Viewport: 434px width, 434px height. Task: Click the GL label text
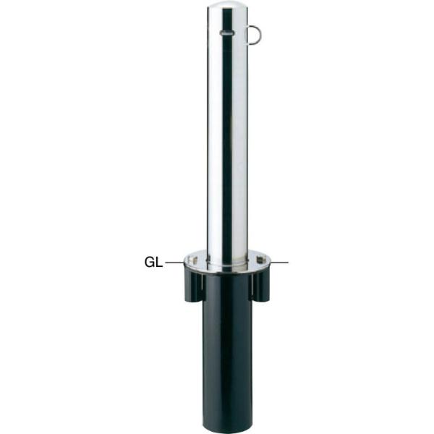[x=153, y=262]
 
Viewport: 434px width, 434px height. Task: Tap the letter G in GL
[x=150, y=262]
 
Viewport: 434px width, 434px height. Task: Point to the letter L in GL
[x=159, y=262]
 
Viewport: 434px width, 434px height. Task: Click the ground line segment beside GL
[x=174, y=262]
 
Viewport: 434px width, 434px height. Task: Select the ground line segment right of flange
[x=280, y=262]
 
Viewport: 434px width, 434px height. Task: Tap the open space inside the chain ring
[x=253, y=35]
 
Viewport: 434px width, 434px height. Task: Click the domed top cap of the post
[x=228, y=7]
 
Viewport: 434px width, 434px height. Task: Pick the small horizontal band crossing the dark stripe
[x=227, y=33]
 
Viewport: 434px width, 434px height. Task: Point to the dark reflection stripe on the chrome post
[x=228, y=136]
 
